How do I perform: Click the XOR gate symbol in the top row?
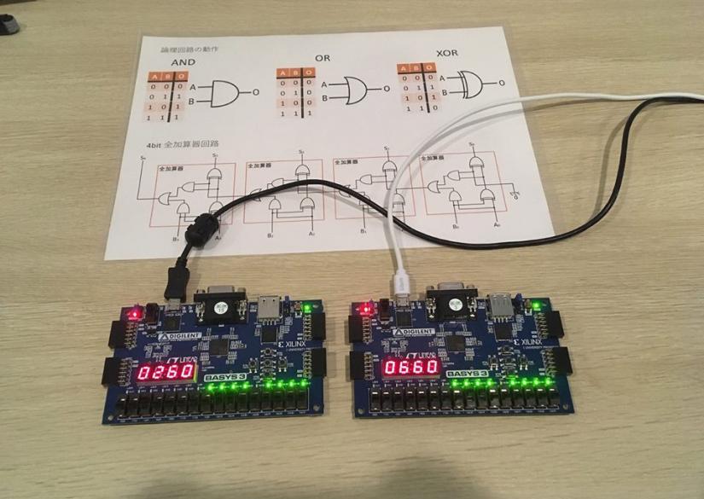(x=467, y=84)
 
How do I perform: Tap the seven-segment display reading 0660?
(x=410, y=367)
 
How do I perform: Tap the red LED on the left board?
(x=135, y=314)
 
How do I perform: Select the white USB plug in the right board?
(x=399, y=285)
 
